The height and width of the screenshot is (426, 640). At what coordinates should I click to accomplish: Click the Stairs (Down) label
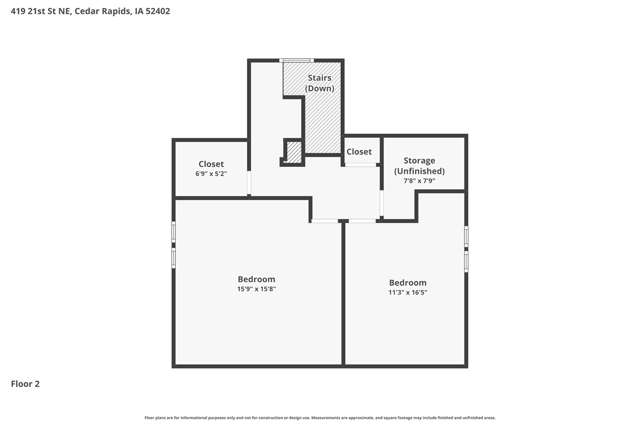[319, 83]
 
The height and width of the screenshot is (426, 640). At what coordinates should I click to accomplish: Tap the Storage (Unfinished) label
[419, 165]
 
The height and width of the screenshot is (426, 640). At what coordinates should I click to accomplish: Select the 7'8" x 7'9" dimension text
[419, 181]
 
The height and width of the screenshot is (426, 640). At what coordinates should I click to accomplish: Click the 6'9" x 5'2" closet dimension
[211, 174]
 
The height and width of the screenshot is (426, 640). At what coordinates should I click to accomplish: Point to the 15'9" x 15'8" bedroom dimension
[256, 289]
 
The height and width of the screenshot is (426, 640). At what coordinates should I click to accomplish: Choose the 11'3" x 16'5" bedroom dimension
[407, 292]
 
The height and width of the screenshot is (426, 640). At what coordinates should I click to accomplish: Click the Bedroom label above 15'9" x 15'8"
[256, 279]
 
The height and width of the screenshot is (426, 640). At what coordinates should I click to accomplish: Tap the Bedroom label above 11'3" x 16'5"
[407, 283]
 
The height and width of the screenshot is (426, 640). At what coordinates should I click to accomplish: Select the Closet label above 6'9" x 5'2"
[211, 164]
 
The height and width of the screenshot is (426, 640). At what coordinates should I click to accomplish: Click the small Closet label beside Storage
[359, 152]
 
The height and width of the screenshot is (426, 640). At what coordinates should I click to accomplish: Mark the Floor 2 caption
[25, 384]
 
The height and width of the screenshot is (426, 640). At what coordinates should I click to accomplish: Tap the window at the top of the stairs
[297, 60]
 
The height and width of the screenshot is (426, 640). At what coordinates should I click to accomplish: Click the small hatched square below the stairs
[294, 153]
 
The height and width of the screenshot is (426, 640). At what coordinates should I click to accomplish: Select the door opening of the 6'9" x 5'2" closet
[249, 183]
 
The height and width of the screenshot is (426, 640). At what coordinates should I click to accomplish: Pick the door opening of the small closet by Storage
[360, 165]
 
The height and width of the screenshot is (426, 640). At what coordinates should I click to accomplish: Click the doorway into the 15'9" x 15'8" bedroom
[324, 221]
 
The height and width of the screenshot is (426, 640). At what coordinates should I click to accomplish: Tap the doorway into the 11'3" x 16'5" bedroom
[362, 221]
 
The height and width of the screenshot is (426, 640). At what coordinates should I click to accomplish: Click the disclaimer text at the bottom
[320, 418]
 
